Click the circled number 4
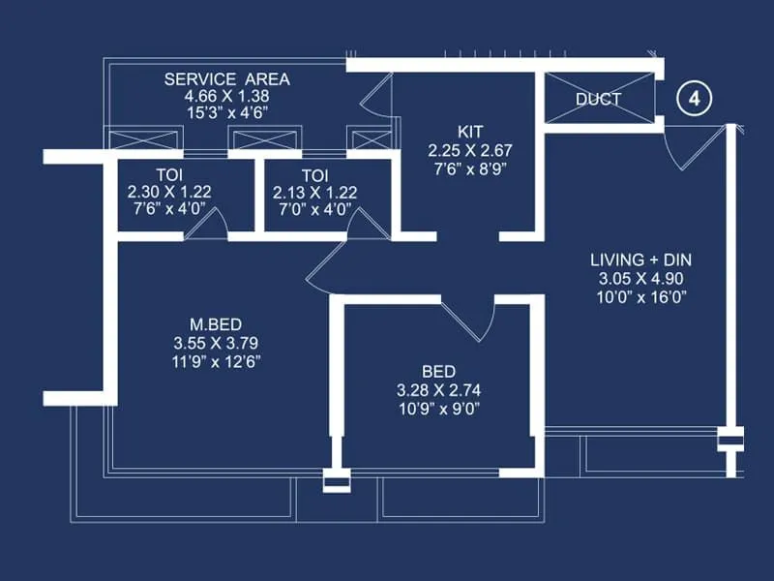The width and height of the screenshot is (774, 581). coord(694,99)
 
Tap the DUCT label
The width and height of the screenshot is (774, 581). coord(598,99)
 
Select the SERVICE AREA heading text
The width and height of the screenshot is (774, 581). coord(226,79)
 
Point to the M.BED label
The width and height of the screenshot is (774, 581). coord(216,324)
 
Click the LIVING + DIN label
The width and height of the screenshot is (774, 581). coord(640,260)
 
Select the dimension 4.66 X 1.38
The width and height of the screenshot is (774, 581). coord(226,97)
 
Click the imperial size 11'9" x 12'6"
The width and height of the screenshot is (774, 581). coord(216,360)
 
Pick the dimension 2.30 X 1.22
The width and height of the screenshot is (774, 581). coord(169,193)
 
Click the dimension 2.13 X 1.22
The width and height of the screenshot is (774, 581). coord(315,193)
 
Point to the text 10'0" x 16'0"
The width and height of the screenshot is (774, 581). coord(640,297)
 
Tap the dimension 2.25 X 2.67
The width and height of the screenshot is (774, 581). coord(469,150)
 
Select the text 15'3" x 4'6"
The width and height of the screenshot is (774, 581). coord(226,113)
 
